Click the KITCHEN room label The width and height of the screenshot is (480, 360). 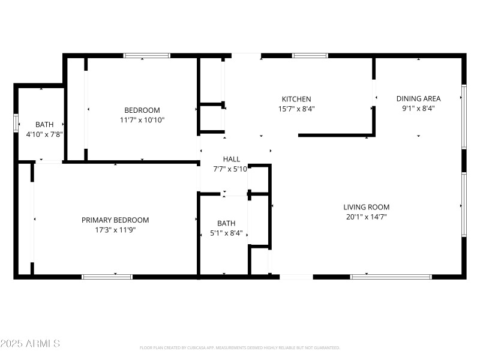tap(296, 99)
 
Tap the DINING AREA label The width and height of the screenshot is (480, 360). tap(418, 99)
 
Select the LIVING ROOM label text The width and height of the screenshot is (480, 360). tap(367, 208)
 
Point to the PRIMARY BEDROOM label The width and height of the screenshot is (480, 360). tap(115, 220)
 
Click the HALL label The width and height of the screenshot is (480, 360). tap(232, 159)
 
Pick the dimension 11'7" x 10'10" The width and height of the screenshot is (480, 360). tap(142, 120)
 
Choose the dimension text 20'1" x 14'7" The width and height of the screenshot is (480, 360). tap(367, 217)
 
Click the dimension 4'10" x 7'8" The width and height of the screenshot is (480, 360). tap(40, 134)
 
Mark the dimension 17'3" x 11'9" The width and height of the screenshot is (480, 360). tap(115, 230)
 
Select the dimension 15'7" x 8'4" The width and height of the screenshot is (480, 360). tap(296, 109)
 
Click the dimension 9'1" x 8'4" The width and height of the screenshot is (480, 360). tap(418, 109)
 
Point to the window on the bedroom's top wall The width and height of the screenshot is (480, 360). tap(146, 56)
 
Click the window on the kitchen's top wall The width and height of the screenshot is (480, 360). tap(310, 56)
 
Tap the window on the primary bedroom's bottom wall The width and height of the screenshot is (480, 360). tap(107, 277)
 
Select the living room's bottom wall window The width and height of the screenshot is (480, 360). tap(391, 277)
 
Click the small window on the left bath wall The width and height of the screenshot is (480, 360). tap(16, 122)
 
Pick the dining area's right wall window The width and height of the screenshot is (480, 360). tap(463, 117)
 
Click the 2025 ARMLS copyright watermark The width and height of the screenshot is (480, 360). tap(30, 344)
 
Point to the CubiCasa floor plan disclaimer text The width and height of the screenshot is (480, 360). tap(239, 347)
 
